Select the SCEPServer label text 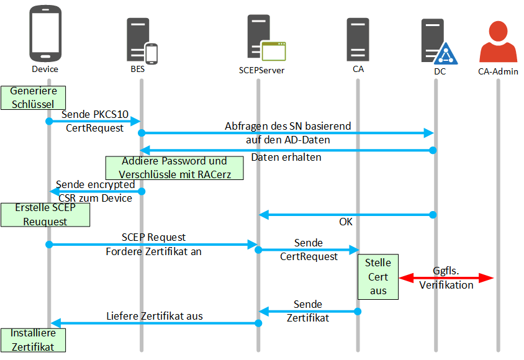(x=261, y=70)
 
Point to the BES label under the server (x=137, y=70)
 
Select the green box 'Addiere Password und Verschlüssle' (x=174, y=168)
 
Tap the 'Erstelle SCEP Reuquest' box (x=45, y=215)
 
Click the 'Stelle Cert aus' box (x=378, y=277)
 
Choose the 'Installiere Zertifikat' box (x=32, y=340)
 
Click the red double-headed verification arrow (x=446, y=278)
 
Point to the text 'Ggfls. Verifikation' (x=446, y=278)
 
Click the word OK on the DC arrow (x=345, y=221)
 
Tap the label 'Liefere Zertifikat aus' (x=155, y=316)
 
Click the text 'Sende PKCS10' (x=95, y=114)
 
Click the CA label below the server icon (x=358, y=69)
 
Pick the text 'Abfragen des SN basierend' (x=287, y=126)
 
